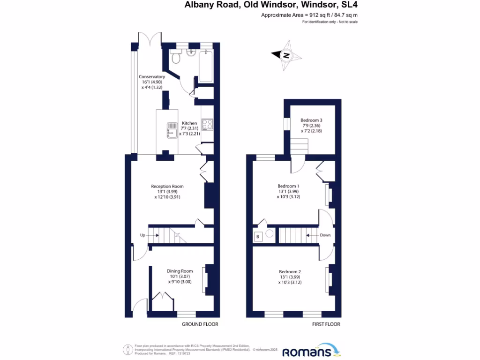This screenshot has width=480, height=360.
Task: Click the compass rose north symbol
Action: (285, 56)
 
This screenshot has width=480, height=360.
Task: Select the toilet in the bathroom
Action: (176, 58)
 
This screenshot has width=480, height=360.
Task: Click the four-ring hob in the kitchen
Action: (208, 125)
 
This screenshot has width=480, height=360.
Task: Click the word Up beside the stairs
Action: (142, 235)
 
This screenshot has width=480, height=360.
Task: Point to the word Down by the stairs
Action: (326, 235)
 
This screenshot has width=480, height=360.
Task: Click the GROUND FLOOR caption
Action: (200, 324)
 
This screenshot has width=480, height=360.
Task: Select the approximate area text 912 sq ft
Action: (309, 15)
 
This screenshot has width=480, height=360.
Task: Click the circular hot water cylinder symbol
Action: (270, 233)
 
